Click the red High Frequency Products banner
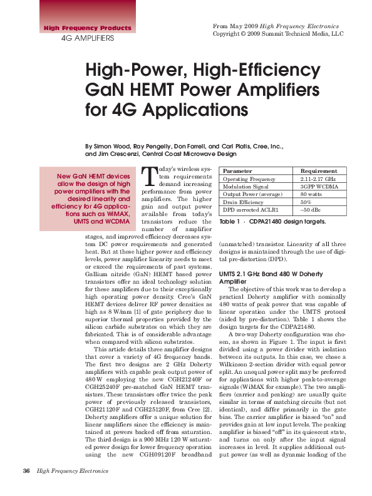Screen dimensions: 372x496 point(87,28)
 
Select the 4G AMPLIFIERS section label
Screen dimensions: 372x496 point(87,38)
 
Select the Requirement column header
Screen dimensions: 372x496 point(319,170)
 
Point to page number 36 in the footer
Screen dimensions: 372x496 point(27,471)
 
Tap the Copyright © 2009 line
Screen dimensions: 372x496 point(278,34)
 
